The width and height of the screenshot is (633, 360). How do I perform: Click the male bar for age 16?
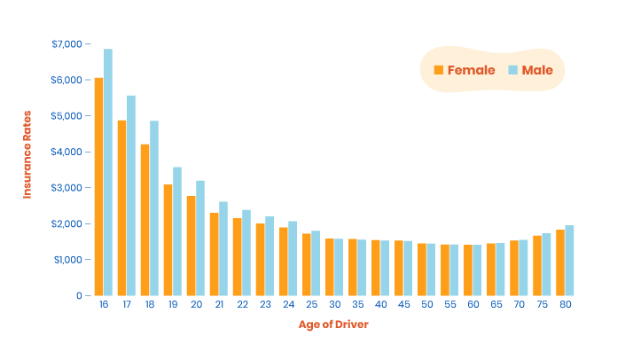coord(108,173)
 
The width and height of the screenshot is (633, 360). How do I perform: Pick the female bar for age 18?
coord(145,220)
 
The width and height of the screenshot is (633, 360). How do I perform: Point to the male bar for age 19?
coord(177,231)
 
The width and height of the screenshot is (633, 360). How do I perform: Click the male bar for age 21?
coord(223,248)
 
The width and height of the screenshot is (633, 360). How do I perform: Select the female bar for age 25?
coord(306,264)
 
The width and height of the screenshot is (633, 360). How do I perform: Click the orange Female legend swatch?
coord(438,70)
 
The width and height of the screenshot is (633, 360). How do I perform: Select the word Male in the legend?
coord(537,70)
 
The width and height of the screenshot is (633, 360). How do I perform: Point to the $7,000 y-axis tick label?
coord(66,43)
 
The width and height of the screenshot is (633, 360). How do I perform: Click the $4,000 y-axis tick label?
coord(66,152)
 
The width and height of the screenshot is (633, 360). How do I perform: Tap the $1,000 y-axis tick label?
coord(66,260)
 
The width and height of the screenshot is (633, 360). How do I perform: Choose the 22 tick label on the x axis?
coord(241,304)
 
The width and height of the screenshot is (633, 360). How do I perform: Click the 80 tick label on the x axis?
coord(564,304)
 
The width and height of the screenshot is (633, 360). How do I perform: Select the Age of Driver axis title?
coord(333,325)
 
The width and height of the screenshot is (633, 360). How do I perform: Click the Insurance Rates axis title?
coord(27,154)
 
